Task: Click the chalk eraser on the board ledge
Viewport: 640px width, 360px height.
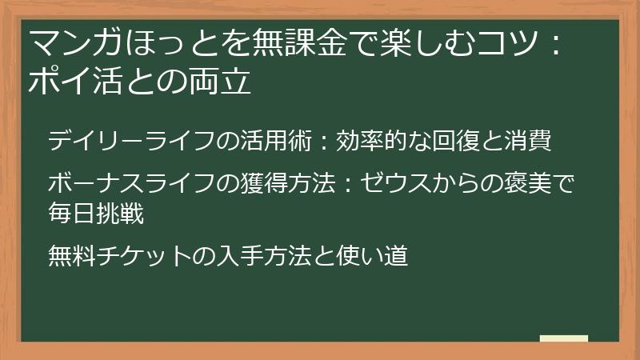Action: (x=563, y=338)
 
